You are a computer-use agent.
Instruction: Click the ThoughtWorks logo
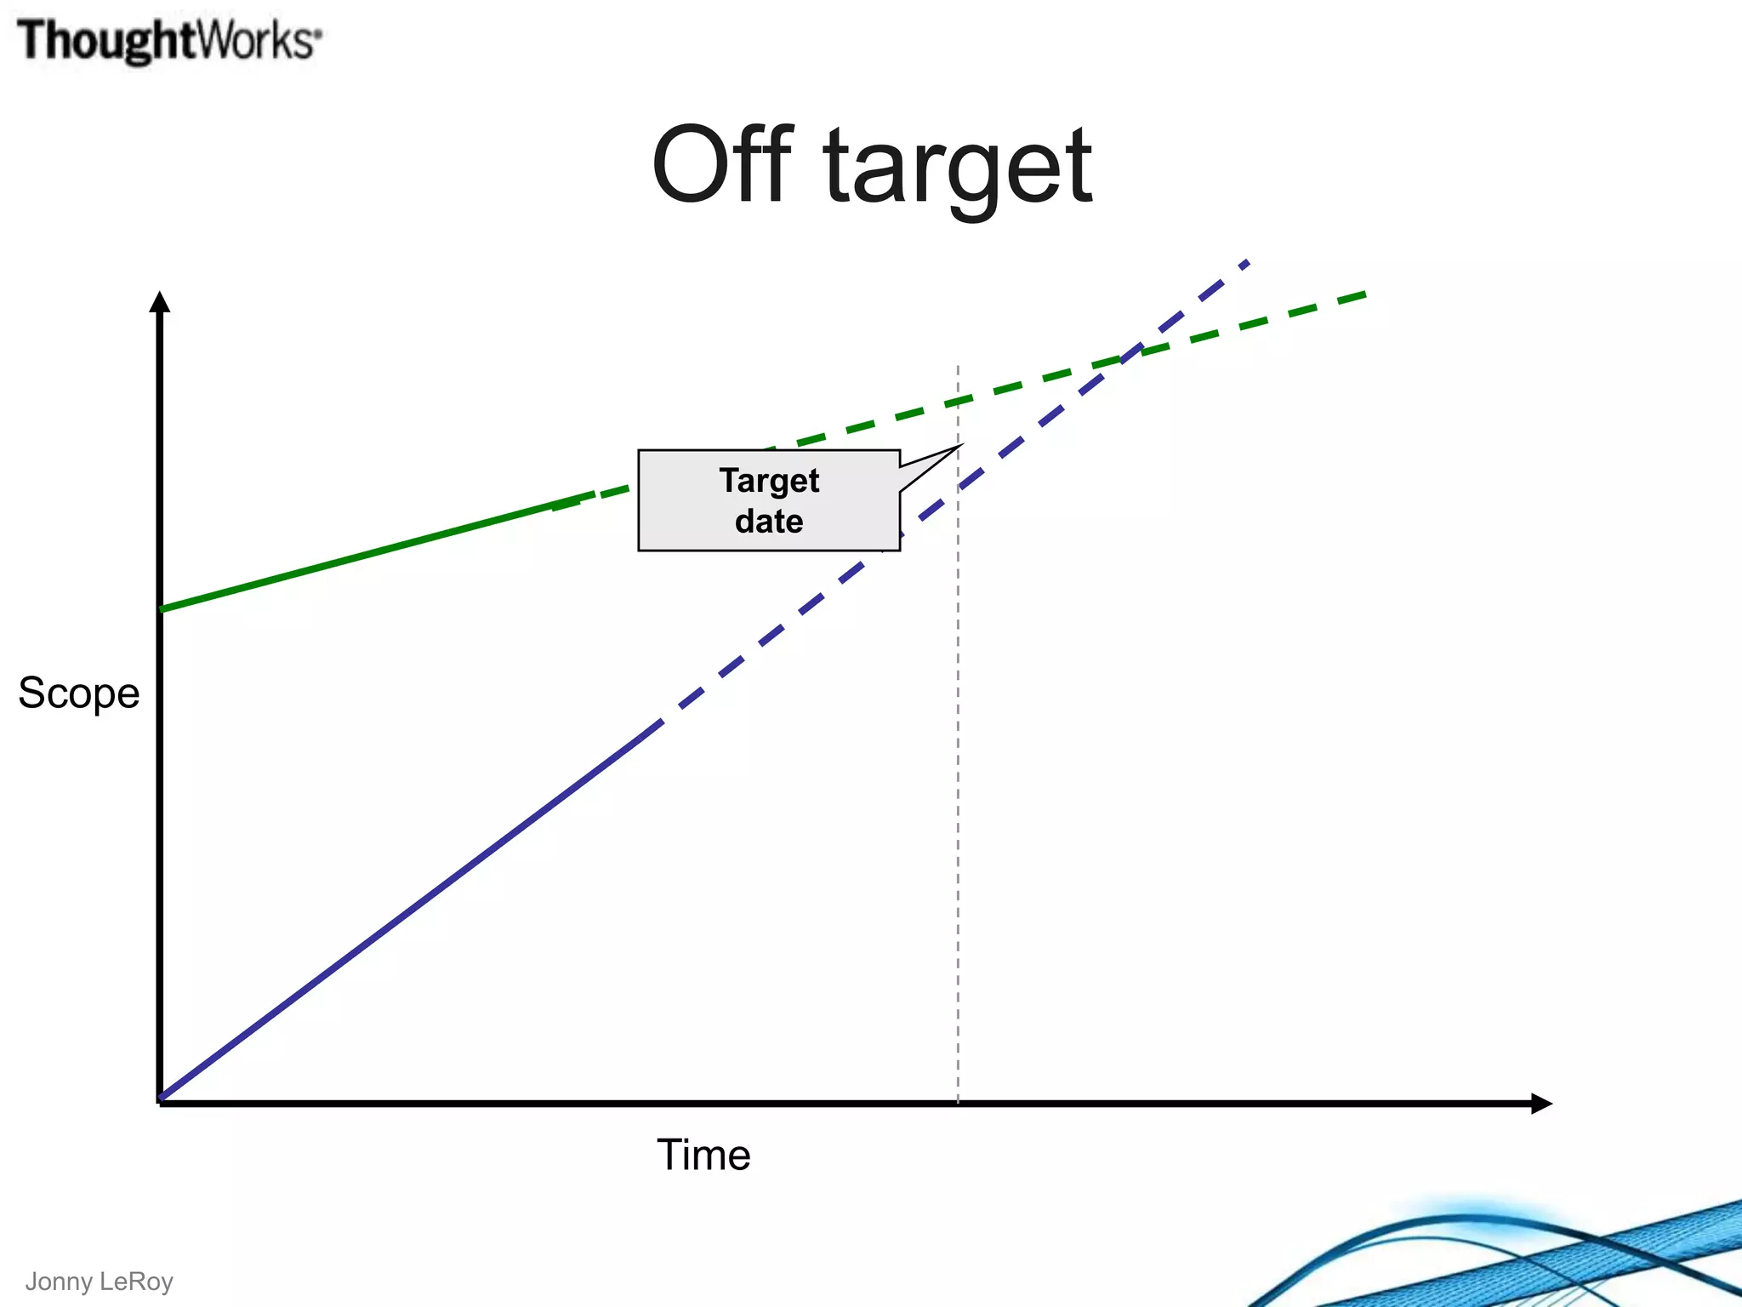click(169, 41)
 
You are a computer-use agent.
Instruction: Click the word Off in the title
click(721, 166)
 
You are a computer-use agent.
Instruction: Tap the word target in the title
click(958, 168)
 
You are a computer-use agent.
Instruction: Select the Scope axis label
click(79, 693)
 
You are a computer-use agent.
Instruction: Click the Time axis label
click(703, 1155)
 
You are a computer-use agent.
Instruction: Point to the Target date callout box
click(769, 500)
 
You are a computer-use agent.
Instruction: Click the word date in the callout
click(769, 521)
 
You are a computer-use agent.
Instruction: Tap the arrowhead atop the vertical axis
click(160, 301)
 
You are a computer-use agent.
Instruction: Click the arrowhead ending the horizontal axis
click(1541, 1104)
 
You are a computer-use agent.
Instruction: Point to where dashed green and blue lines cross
click(1131, 354)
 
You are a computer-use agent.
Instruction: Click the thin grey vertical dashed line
click(958, 766)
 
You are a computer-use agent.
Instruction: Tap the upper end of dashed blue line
click(1246, 263)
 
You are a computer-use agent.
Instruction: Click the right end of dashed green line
click(1363, 294)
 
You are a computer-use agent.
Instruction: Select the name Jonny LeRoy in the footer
click(99, 1281)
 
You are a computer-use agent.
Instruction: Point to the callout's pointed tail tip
click(960, 445)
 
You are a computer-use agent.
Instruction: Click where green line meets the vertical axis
click(161, 609)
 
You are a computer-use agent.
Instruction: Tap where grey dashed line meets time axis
click(958, 1104)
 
